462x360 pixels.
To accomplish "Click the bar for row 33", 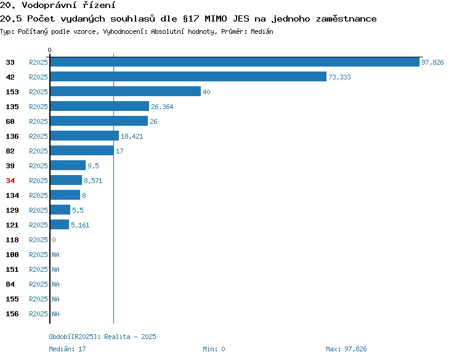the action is coord(235,62).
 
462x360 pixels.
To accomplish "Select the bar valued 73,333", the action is coord(188,76).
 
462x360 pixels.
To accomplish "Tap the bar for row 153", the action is coord(126,91).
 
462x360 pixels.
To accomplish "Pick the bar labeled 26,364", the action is coord(100,106).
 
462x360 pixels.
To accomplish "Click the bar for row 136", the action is coord(84,136).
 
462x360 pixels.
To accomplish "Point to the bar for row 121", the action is coord(60,224).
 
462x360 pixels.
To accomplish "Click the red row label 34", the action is coord(10,181).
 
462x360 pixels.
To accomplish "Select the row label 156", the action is coord(12,314).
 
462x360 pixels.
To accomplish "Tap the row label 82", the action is coord(10,151).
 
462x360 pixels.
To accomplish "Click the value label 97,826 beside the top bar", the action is coord(432,62).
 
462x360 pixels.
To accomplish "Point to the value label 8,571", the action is coord(93,181).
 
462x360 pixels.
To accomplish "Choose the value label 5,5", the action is coord(78,210).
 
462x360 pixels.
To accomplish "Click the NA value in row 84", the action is coord(55,284).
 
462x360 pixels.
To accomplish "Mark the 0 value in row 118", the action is coord(54,240).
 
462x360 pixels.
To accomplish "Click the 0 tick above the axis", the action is coord(49,50).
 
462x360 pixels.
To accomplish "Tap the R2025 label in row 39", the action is coord(38,166).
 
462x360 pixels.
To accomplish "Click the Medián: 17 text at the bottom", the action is coord(68,349).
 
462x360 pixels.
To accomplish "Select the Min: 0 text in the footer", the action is coord(214,349).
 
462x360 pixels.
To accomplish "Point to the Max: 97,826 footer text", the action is coord(346,349).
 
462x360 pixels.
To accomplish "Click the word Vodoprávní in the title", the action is coord(49,5).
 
